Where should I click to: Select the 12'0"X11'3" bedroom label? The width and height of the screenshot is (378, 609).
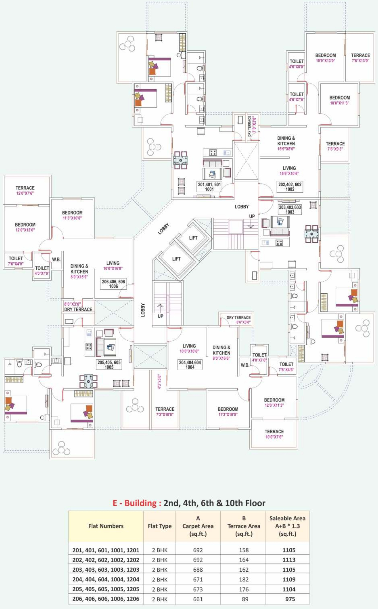(274, 403)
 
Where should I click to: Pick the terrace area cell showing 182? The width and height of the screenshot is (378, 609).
(244, 580)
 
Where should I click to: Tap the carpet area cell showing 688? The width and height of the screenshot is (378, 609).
(198, 570)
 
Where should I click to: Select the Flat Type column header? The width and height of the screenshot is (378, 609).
(160, 526)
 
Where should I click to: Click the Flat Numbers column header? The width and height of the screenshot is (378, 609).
(106, 526)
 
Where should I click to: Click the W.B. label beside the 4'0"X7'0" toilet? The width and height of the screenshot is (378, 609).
(56, 260)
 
